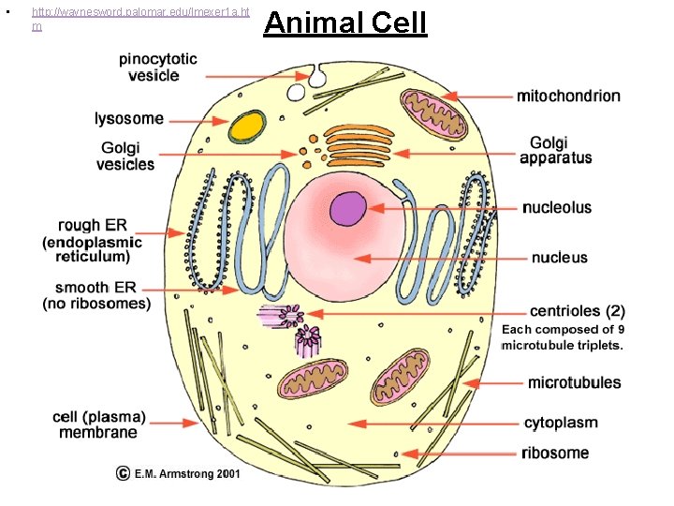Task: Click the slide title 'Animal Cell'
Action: coord(344,22)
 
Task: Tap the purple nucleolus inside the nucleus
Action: coord(348,208)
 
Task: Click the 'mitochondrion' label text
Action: coord(567,96)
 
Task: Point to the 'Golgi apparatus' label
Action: coord(556,150)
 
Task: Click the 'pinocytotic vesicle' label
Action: coord(157,67)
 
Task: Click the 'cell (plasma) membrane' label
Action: coord(98,424)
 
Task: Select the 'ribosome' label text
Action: coord(555,454)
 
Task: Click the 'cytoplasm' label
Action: coord(560,424)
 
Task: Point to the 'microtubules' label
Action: coord(573,382)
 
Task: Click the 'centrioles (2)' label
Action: coord(577,311)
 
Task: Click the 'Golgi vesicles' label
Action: coord(127,156)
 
